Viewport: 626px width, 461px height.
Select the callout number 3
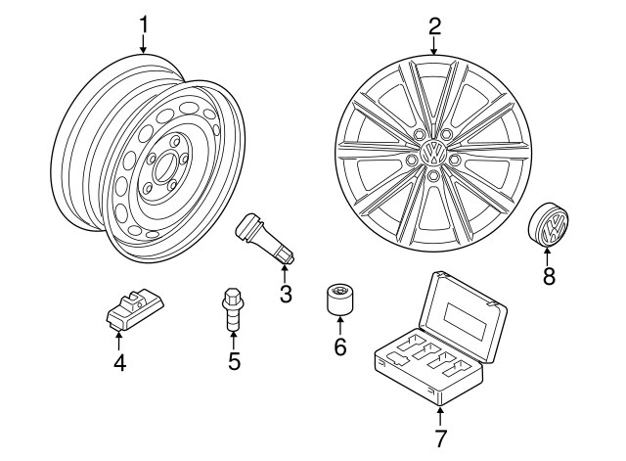(x=286, y=294)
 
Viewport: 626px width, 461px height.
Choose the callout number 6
(x=340, y=346)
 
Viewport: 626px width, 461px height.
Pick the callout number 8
(x=548, y=277)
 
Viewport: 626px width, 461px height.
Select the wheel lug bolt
(x=233, y=309)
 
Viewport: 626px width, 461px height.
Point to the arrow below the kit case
(x=440, y=413)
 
